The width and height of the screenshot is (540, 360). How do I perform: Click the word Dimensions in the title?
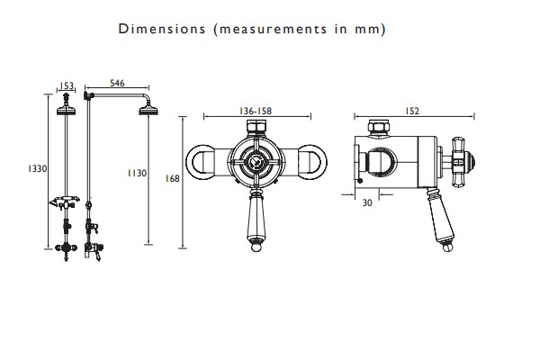click(x=162, y=29)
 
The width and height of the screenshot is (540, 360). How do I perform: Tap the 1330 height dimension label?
click(x=37, y=168)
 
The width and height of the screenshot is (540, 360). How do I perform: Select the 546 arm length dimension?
click(x=117, y=83)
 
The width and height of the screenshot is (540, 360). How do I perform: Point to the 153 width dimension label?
click(x=67, y=85)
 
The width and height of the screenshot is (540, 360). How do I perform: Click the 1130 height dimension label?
click(x=137, y=173)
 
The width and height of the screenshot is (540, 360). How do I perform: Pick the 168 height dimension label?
click(x=172, y=178)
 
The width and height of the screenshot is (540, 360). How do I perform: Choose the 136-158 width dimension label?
click(x=256, y=111)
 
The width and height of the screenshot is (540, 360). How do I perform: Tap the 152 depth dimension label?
click(x=412, y=111)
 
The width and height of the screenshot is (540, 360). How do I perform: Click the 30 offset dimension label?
click(x=367, y=202)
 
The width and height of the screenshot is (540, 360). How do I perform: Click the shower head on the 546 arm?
click(x=148, y=111)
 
